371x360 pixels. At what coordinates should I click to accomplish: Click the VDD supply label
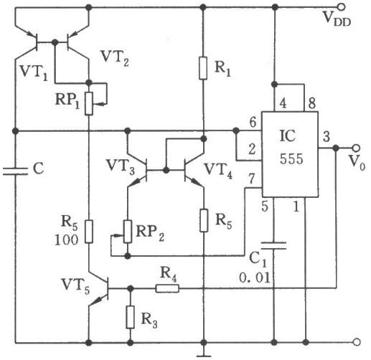(337, 19)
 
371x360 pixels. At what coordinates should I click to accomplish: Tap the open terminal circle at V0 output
(356, 148)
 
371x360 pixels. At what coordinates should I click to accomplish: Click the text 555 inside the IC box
(291, 158)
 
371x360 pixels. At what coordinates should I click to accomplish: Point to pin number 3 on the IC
(327, 136)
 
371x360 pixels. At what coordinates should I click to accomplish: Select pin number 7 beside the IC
(252, 179)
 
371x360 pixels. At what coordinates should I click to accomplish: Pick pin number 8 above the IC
(311, 103)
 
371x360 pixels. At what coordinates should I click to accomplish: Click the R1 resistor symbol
(203, 68)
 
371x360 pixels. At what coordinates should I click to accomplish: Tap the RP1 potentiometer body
(89, 104)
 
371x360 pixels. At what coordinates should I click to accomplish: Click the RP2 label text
(150, 233)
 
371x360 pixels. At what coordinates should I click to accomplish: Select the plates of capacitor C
(15, 171)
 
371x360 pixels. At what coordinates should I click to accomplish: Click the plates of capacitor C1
(273, 246)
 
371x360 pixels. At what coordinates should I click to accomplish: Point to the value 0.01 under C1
(255, 278)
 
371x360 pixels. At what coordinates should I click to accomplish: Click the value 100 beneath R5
(66, 240)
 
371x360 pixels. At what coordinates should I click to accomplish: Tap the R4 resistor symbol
(167, 288)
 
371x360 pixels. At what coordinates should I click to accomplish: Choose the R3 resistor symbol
(130, 317)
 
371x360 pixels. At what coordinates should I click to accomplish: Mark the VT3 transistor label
(121, 166)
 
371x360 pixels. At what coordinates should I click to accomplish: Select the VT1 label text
(34, 72)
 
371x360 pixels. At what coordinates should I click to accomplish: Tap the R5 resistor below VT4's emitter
(204, 220)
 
